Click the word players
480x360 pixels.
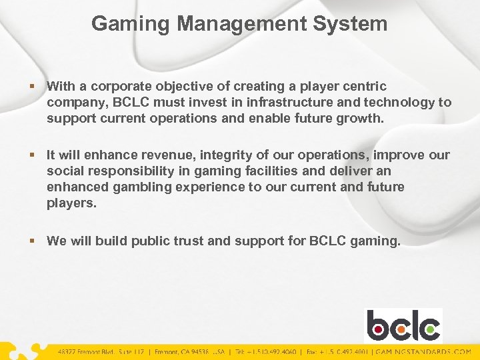(x=71, y=203)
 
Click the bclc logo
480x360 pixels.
(x=403, y=325)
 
